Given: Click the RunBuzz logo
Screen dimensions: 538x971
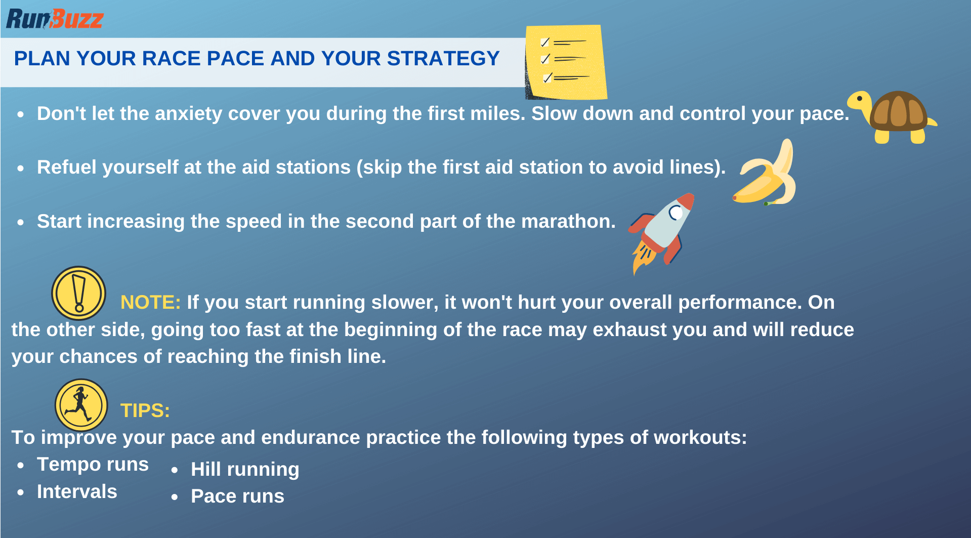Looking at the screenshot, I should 55,19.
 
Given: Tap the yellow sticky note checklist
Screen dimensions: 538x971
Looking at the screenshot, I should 566,62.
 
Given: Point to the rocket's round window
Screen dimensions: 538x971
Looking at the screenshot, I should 676,213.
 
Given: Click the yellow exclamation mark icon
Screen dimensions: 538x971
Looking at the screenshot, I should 78,293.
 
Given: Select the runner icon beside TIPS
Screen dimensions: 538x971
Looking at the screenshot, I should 81,405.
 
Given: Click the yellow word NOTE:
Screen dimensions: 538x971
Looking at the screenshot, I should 150,302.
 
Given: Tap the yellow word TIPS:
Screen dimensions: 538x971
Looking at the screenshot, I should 145,410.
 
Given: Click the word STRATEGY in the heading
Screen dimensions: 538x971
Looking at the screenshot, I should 443,58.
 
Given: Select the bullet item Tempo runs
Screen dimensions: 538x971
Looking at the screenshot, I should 93,464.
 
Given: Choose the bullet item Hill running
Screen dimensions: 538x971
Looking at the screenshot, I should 245,469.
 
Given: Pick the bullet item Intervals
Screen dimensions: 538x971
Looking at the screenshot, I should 77,491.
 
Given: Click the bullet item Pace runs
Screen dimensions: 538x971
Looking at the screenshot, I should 237,496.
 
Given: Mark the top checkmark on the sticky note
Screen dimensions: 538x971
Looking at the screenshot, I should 545,42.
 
